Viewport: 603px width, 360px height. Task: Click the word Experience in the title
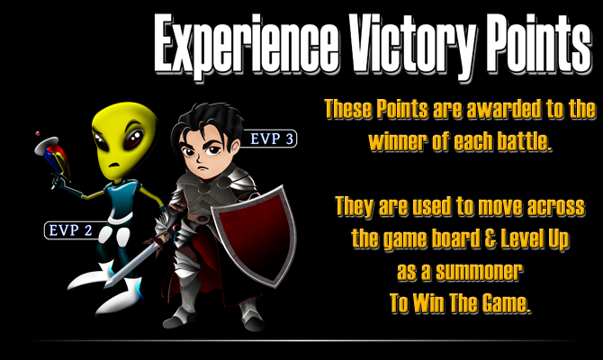click(x=247, y=45)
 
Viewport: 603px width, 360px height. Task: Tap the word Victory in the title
click(x=413, y=45)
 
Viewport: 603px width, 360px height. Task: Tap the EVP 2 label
click(x=71, y=230)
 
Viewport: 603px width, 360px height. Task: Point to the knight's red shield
click(x=255, y=236)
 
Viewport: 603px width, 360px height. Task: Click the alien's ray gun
click(x=54, y=158)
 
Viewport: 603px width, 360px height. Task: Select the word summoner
click(x=479, y=272)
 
